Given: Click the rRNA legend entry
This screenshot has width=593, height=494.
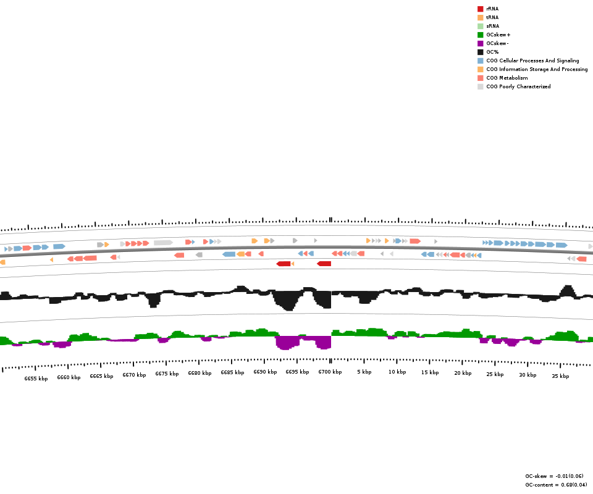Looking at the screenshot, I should coord(492,9).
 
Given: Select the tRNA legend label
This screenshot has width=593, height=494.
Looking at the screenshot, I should coord(492,17).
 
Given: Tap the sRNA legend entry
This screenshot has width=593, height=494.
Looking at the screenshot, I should coord(492,26).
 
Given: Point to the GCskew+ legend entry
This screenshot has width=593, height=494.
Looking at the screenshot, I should coord(498,35).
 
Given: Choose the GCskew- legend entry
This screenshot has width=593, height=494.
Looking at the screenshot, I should coord(497,43).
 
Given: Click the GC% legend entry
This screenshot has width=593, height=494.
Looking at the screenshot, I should coord(492,52).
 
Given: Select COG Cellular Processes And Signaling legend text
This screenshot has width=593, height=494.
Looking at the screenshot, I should coord(532,61).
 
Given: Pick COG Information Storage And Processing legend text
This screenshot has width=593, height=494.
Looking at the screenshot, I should coord(537,69).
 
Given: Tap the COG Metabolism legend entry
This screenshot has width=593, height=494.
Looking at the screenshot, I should coord(507,78).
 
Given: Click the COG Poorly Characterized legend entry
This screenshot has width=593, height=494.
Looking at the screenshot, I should coord(518,86).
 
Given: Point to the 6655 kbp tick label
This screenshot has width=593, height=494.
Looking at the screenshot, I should coord(36,379).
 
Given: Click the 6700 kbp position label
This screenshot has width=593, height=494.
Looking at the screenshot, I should coord(330,372).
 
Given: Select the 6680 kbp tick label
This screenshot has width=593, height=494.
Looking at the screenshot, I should coord(200,373).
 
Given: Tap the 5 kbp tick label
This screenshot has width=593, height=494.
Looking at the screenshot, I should coord(364,372).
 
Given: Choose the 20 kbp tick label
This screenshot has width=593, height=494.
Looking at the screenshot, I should coord(463,373).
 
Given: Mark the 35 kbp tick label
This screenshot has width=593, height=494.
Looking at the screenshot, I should coord(560,376).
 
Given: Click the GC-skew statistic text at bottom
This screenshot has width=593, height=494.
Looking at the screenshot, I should coord(554,476).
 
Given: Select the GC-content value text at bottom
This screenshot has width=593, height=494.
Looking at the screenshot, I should coord(556,485).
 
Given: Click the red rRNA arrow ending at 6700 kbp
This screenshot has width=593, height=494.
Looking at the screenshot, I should coord(324,264).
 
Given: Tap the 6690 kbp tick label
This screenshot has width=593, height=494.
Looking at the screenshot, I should coord(265,372).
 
